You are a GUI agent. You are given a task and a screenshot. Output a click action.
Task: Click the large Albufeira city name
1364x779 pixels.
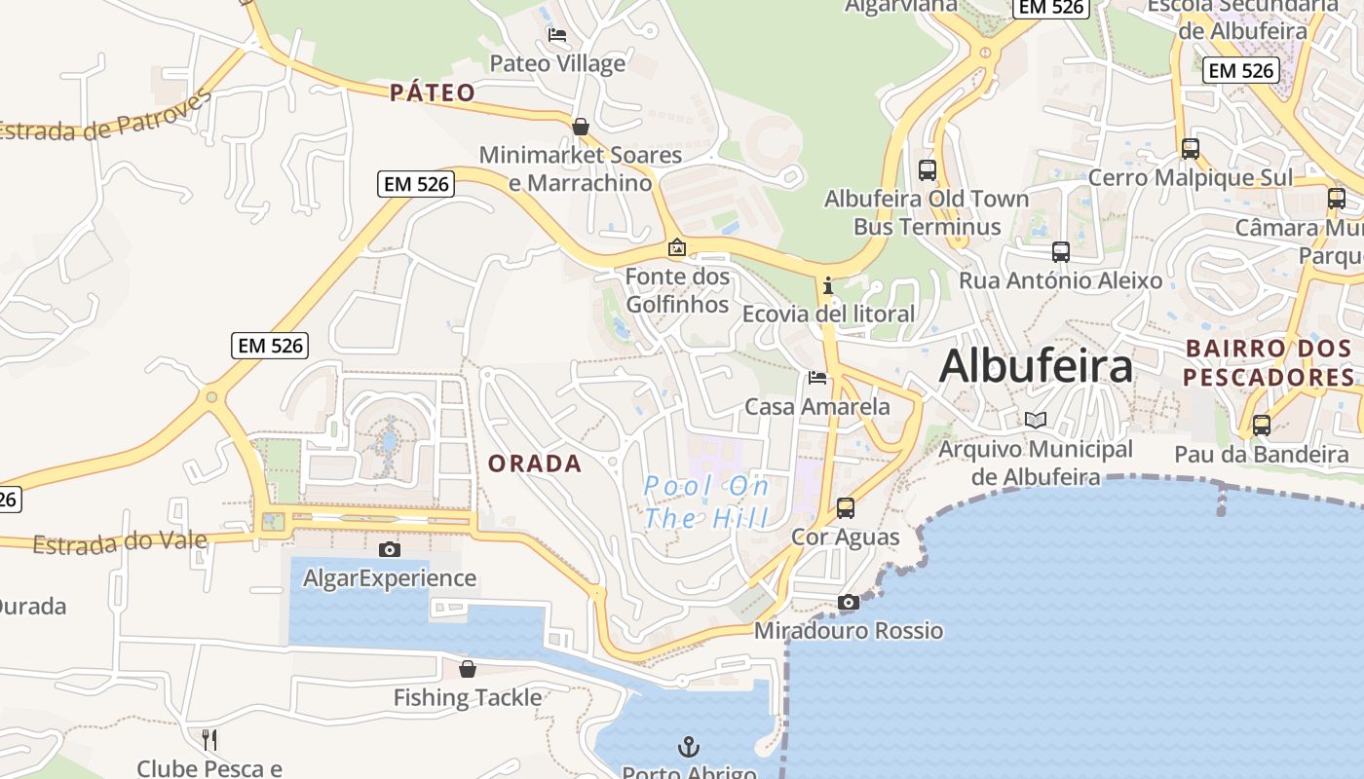pos(1036,367)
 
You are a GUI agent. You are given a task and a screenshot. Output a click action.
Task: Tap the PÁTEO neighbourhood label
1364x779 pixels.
pos(433,93)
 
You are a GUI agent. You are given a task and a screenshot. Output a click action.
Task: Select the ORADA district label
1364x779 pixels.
pos(535,464)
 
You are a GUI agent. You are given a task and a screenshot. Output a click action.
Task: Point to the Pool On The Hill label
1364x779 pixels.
pos(706,501)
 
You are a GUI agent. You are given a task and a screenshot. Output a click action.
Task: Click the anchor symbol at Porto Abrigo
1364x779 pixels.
pos(689,747)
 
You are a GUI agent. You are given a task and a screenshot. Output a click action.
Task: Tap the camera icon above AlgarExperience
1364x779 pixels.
pos(390,549)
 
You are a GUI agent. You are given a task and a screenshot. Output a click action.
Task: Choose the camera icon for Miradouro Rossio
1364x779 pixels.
pos(849,602)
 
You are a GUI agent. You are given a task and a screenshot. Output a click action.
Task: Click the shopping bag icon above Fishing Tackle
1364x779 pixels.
pos(468,668)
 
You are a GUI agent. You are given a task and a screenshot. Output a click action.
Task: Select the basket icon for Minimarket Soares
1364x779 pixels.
pos(581,127)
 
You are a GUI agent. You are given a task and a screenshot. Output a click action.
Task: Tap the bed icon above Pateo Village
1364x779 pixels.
pos(557,35)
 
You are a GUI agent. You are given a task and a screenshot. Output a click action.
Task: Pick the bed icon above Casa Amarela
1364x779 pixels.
pos(817,377)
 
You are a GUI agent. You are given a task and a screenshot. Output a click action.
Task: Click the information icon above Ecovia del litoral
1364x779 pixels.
pos(828,285)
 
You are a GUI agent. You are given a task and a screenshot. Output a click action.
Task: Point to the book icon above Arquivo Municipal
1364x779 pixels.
pos(1036,420)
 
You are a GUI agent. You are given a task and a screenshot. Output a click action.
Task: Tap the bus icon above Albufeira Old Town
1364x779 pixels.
pos(928,169)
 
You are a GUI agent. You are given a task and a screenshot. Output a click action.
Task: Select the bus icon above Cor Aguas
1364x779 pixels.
pos(846,507)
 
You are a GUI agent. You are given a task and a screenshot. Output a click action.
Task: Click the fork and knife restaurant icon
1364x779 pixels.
pos(209,739)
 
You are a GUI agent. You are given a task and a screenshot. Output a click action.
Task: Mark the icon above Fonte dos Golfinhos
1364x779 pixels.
pos(677,247)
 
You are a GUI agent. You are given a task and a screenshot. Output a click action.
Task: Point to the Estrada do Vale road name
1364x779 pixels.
pos(120,542)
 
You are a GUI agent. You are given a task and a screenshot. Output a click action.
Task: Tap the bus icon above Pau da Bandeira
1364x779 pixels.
pos(1262,425)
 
